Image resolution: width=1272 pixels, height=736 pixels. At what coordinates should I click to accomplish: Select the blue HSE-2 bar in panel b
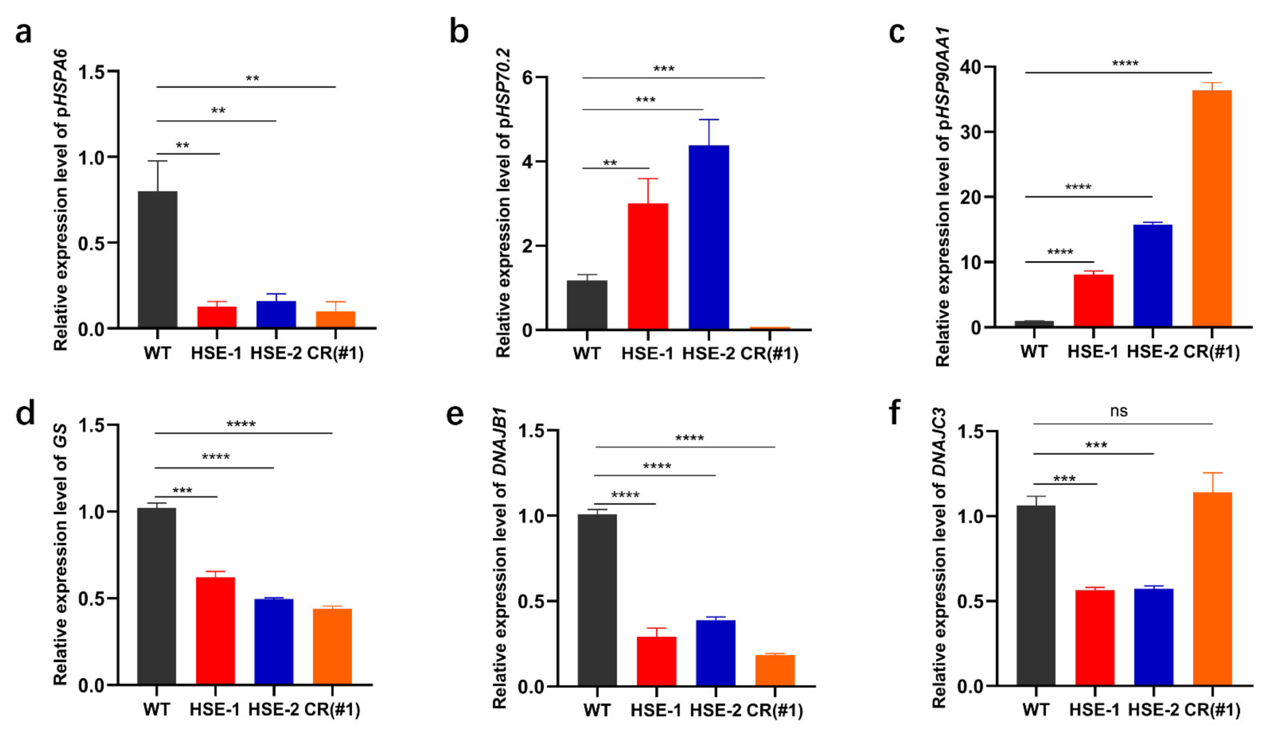tap(709, 237)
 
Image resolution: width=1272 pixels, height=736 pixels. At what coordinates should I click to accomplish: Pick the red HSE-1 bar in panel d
tap(216, 630)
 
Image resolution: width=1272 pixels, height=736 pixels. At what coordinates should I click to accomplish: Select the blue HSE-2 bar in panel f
tap(1153, 637)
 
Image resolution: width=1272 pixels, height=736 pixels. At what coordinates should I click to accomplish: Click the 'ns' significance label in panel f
tap(1118, 412)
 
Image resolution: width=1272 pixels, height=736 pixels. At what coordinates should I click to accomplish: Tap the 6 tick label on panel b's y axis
tap(527, 77)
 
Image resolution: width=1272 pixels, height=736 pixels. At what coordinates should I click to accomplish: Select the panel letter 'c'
tap(896, 33)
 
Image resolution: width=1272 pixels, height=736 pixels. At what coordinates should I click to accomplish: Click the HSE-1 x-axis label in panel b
tap(647, 353)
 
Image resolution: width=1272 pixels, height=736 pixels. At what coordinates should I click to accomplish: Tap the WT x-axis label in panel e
tap(597, 710)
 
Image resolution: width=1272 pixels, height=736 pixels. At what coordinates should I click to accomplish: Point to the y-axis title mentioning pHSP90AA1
tap(942, 197)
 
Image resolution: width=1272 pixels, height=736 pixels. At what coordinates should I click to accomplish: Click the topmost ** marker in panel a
tap(253, 79)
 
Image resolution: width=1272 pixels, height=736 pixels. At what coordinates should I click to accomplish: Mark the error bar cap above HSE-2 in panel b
tap(709, 120)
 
